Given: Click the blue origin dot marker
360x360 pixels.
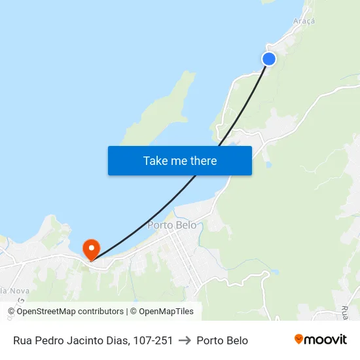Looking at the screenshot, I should (x=269, y=59).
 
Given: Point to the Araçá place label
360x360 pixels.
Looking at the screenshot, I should (x=304, y=21).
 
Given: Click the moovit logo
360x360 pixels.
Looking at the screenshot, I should (x=320, y=340).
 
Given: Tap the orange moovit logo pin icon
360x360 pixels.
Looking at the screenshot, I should (x=299, y=339).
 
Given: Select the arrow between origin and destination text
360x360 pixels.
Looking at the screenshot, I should (x=185, y=340).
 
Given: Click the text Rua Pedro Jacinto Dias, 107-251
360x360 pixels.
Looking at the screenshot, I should (x=93, y=340).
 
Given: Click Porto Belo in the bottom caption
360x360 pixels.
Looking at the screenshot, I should (x=222, y=340).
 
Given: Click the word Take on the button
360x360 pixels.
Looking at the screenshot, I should (x=155, y=161).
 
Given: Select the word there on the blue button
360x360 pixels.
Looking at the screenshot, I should (x=203, y=161).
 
